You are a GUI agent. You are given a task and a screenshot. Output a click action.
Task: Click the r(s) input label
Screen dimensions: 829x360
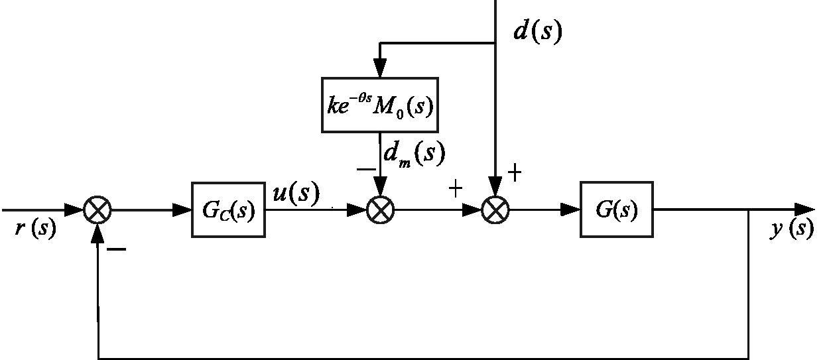[36, 227]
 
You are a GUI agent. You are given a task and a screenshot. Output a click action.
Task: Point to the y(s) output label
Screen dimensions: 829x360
[793, 228]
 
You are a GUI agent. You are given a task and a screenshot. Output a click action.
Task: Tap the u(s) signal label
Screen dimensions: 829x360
[296, 192]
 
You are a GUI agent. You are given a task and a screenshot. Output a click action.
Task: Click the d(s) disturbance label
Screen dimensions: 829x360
[538, 30]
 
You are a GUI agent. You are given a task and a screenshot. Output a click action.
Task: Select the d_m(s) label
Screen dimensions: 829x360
[414, 154]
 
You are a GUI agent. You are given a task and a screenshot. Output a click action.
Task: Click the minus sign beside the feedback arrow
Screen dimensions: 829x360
[116, 249]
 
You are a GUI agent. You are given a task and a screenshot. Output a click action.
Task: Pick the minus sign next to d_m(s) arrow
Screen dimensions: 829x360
[366, 170]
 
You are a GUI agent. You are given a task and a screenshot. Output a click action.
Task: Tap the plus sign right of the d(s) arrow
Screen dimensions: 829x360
[515, 173]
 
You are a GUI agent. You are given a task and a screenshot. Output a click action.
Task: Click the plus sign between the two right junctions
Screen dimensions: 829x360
[456, 189]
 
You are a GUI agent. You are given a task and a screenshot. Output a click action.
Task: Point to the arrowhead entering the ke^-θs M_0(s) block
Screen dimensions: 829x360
[380, 68]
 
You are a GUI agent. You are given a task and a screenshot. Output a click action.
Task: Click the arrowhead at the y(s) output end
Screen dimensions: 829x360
[804, 210]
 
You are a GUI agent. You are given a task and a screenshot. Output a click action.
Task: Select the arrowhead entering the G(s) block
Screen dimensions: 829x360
[570, 210]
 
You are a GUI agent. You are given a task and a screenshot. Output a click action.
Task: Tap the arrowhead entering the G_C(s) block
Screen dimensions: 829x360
[182, 210]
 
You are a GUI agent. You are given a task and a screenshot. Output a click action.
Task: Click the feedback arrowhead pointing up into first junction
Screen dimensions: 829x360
[97, 233]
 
